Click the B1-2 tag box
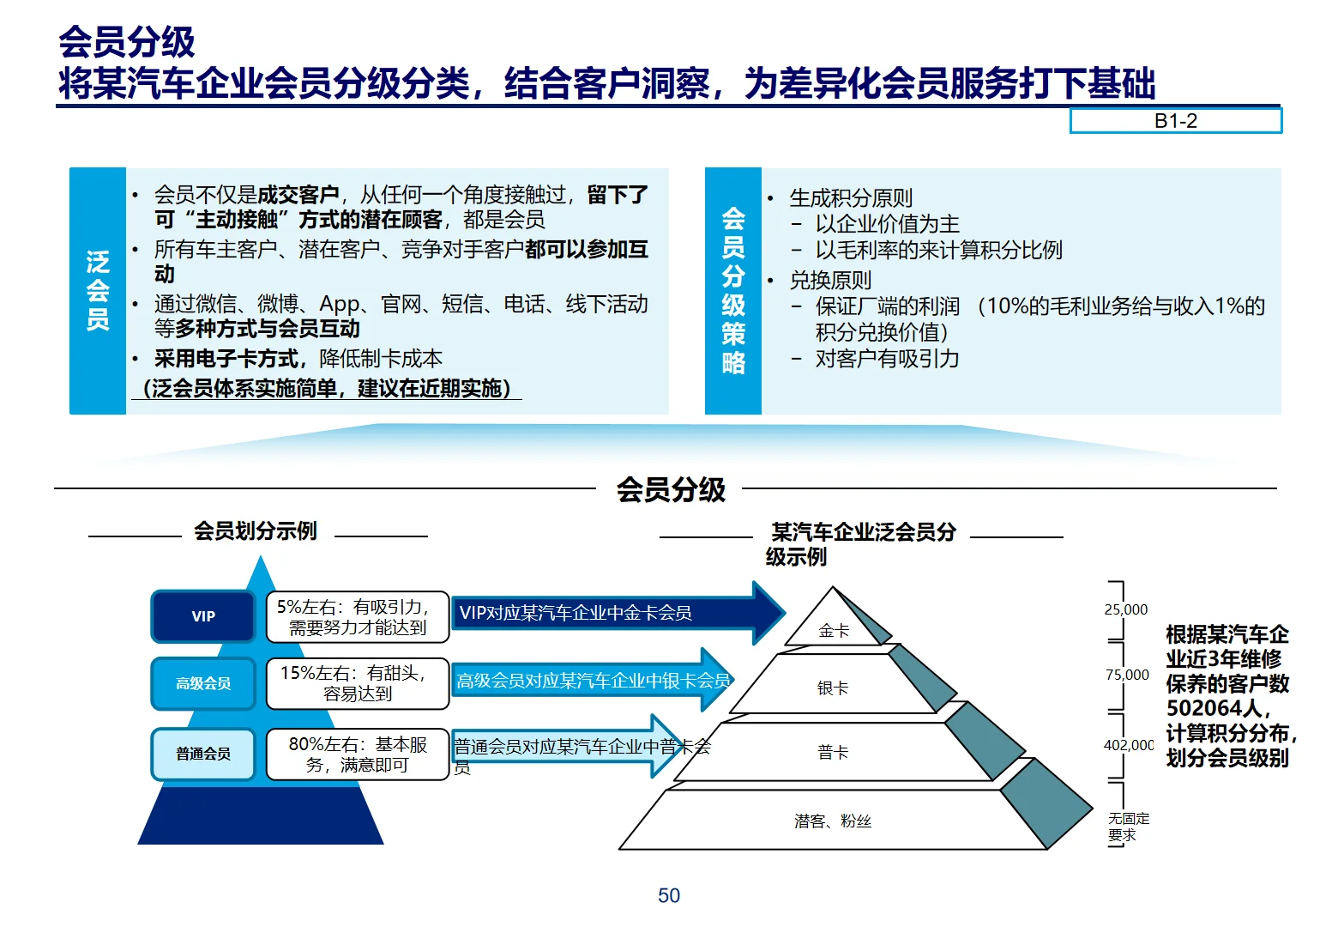coord(1175,121)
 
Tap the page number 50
coord(669,895)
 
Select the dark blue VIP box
coord(203,616)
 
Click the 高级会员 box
coord(203,683)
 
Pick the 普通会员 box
coord(203,754)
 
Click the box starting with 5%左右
coord(358,616)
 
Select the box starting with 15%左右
coord(358,683)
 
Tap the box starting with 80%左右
coord(358,754)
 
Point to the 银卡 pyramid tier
coord(833,688)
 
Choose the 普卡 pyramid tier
coord(833,753)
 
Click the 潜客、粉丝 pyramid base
coord(833,821)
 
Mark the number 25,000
coord(1125,609)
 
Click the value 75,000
coord(1127,675)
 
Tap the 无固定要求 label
coord(1128,827)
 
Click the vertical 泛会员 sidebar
coord(98,290)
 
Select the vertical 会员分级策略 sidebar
coord(733,290)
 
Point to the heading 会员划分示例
coord(256,531)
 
